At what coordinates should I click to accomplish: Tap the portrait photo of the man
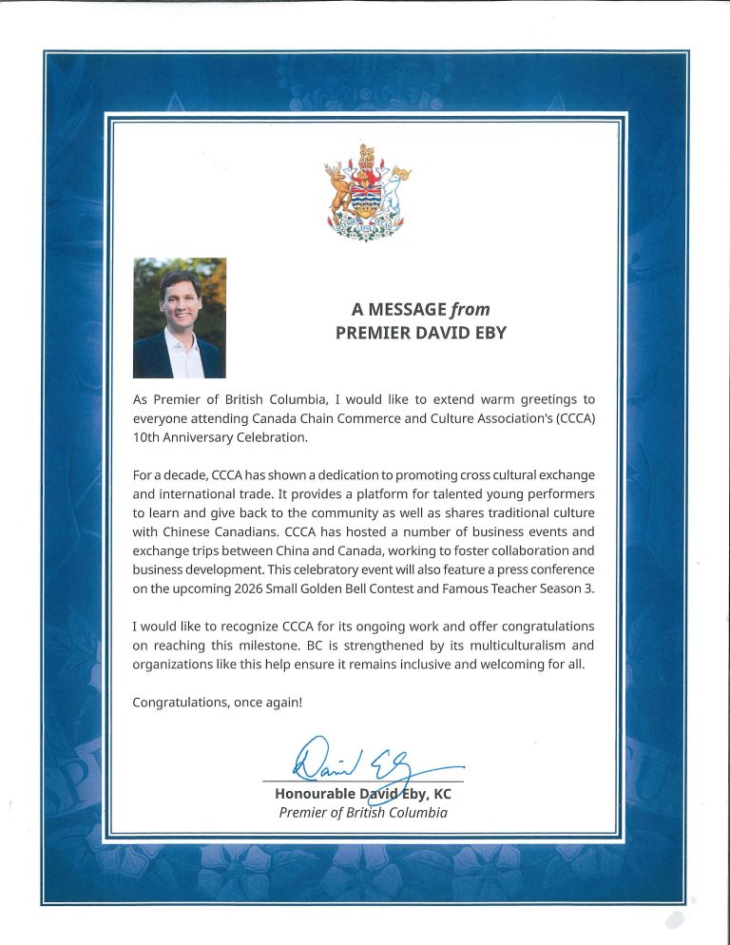click(180, 318)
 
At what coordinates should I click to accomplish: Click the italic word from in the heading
click(471, 309)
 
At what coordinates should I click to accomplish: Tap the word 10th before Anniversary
click(150, 437)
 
